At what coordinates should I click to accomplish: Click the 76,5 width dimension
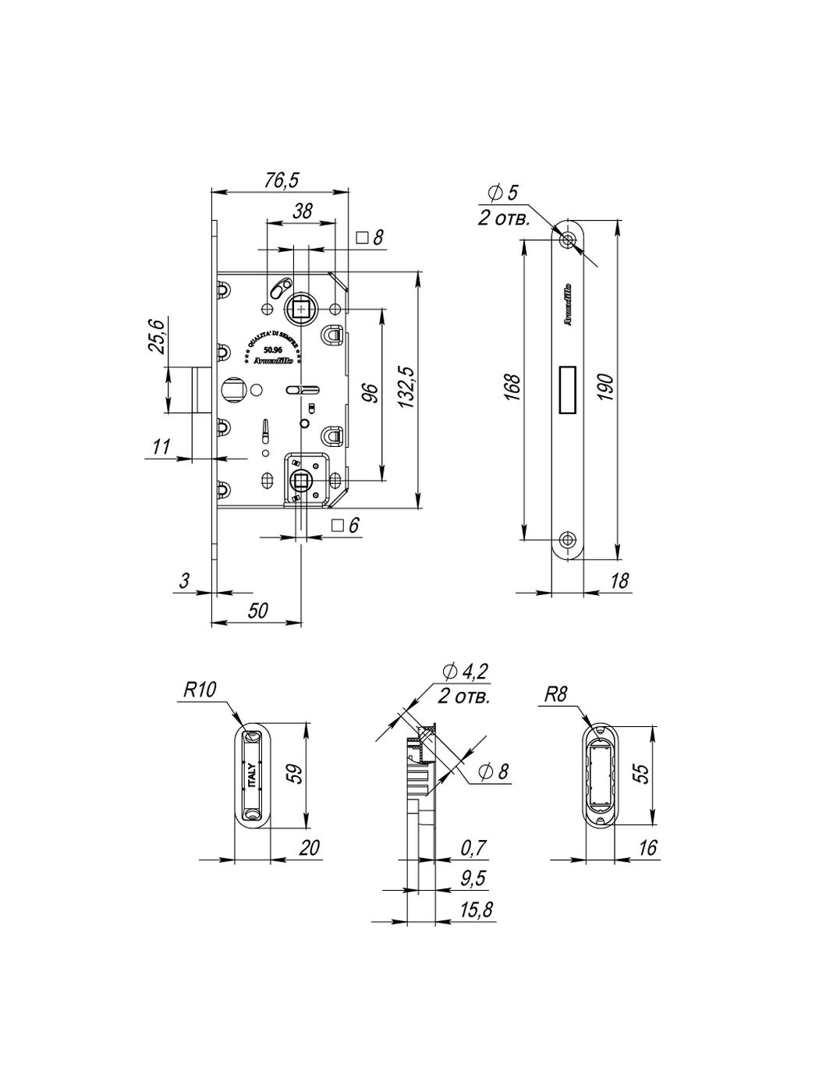coord(281,180)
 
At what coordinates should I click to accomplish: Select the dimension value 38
coord(303,211)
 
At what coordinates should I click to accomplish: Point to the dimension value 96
coord(370,392)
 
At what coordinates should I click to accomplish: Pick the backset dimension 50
coord(257,611)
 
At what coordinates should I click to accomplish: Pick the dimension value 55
coord(641,773)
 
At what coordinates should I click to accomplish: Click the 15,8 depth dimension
coord(475,909)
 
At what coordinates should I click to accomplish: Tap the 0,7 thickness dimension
coord(473,847)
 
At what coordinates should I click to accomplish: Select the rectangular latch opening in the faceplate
coord(567,388)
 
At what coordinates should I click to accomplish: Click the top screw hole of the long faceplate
coord(567,239)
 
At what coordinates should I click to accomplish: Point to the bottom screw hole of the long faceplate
coord(567,538)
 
